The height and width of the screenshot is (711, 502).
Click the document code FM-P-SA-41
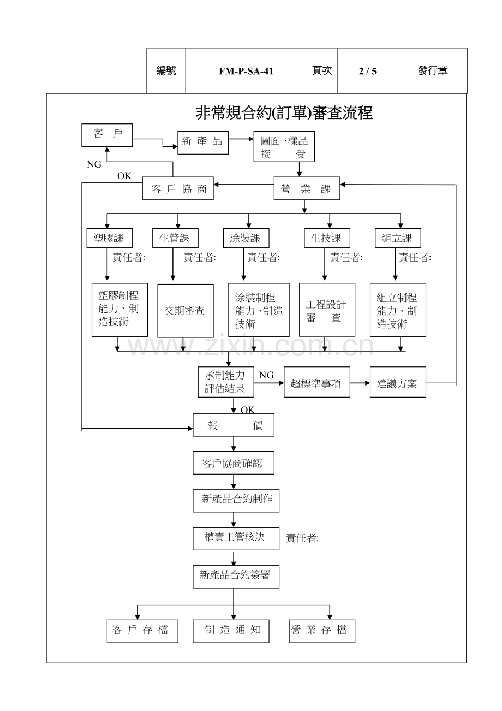(x=246, y=71)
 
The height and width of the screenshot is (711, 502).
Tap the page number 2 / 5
(x=367, y=71)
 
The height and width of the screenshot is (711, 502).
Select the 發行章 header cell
(x=432, y=71)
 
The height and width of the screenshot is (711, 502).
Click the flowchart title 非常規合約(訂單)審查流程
(x=284, y=113)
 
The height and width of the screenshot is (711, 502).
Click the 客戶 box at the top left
(x=107, y=135)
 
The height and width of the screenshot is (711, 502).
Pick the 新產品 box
(x=202, y=141)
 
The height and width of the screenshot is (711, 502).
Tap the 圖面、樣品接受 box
(x=284, y=147)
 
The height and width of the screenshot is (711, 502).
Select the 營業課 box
(x=307, y=189)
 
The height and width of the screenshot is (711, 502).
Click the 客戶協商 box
(x=178, y=189)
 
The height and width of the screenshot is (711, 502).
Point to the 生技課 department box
(x=326, y=238)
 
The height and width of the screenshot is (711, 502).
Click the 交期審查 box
(x=185, y=311)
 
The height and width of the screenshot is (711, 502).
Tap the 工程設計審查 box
(x=326, y=310)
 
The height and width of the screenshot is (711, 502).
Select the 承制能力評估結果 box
(x=225, y=382)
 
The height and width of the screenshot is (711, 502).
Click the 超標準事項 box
(x=316, y=383)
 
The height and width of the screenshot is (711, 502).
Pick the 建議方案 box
(x=398, y=383)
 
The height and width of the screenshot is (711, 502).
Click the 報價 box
(x=234, y=426)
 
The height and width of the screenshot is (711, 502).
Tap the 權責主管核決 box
(x=236, y=537)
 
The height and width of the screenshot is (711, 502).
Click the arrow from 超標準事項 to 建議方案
(x=360, y=383)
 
